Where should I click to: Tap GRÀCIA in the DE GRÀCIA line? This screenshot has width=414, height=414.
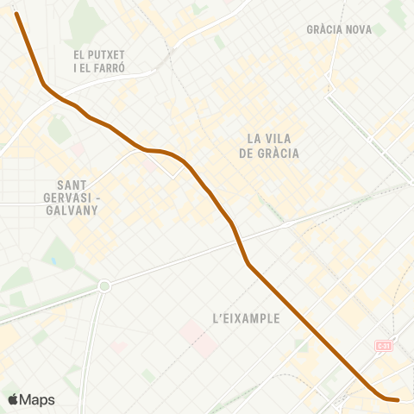(277, 154)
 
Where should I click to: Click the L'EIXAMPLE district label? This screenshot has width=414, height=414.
(246, 318)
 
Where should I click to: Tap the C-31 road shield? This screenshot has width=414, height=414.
(383, 345)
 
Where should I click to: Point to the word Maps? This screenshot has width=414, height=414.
(38, 399)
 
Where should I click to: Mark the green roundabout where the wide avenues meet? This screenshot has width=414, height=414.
(104, 285)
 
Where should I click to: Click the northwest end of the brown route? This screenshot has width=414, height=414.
(17, 14)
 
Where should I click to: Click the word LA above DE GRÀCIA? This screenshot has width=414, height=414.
(254, 138)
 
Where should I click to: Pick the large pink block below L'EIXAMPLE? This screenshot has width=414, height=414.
(199, 337)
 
